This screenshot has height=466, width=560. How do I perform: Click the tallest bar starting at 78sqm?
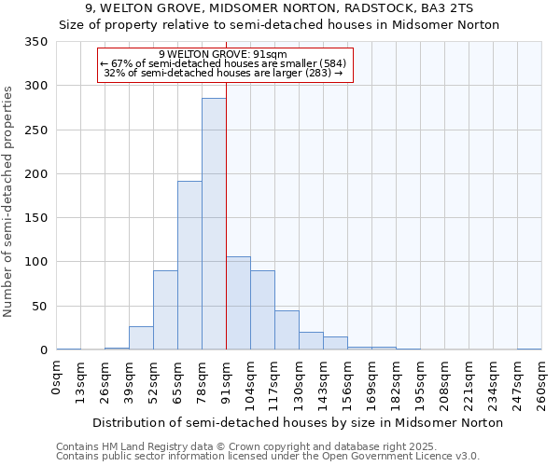click(x=214, y=224)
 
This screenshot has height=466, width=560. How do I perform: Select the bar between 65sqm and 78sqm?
click(x=189, y=266)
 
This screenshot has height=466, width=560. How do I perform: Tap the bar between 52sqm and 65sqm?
click(x=165, y=310)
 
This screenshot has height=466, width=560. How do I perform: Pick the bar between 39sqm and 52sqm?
click(x=141, y=338)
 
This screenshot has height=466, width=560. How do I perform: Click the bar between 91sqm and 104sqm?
click(x=238, y=303)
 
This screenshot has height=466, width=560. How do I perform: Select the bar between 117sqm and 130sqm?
click(x=287, y=330)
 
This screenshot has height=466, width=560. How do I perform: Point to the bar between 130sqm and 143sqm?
click(x=311, y=341)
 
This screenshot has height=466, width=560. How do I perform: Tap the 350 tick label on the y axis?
click(x=35, y=42)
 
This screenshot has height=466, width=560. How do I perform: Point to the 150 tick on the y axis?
click(x=35, y=218)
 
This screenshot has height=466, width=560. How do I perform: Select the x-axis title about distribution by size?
click(x=299, y=422)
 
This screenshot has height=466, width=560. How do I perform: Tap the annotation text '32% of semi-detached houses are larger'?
click(x=217, y=73)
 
